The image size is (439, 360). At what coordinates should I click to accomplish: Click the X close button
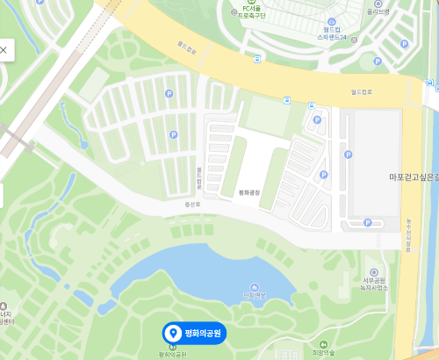point(4,50)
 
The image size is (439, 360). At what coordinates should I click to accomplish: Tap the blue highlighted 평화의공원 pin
point(194,333)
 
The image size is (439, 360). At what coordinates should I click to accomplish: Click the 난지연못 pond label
point(254,295)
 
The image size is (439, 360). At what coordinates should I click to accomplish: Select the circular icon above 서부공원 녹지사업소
point(375,272)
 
